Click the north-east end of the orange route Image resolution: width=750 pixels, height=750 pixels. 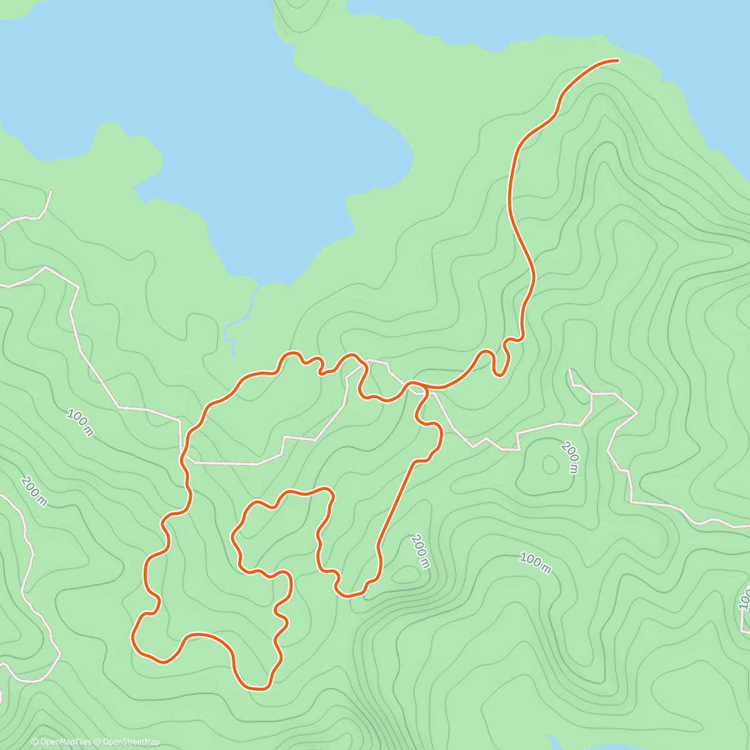pos(617,61)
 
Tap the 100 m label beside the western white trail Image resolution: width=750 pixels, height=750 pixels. pos(80,422)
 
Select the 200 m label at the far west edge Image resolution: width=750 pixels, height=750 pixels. pos(34,491)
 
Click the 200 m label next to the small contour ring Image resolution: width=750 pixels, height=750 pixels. pos(571,457)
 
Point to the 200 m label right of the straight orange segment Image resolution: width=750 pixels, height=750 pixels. pos(420,551)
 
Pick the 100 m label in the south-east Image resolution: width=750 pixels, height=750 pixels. pos(536,562)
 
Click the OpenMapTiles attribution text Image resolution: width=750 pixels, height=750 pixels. pos(65,742)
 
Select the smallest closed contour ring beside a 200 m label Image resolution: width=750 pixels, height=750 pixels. pos(551,464)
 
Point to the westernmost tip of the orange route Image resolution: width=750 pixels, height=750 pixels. pos(132,637)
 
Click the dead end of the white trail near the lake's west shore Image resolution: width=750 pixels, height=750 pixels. pos(51,191)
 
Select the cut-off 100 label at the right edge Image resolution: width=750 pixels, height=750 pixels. pos(744,597)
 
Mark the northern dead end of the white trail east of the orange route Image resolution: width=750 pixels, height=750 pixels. pos(569,370)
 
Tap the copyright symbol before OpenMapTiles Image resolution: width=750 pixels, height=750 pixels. pos(35,742)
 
